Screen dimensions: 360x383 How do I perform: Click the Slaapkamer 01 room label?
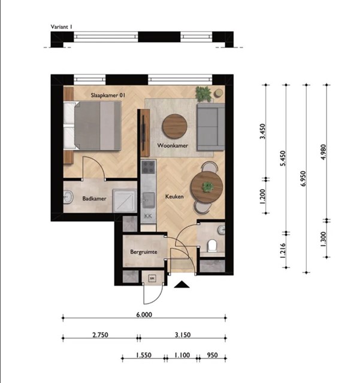pos(108,95)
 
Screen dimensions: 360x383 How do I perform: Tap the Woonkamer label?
pos(173,145)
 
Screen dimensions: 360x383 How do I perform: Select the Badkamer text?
pos(94,199)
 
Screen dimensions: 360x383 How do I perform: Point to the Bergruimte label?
pos(144,252)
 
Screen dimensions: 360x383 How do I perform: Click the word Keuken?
pos(174,196)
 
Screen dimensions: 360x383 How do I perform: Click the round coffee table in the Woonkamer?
pos(175,126)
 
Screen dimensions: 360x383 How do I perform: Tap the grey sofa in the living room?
pos(211,127)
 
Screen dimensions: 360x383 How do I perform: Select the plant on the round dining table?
pos(207,187)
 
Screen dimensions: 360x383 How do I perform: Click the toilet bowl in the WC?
pos(212,245)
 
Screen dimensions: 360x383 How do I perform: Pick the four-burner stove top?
pos(148,167)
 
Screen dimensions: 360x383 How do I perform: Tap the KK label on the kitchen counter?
pos(148,216)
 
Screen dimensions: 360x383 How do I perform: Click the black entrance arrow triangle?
pos(181,284)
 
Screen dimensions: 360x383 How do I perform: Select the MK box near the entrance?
pos(153,278)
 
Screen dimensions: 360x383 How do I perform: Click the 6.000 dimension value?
pos(144,315)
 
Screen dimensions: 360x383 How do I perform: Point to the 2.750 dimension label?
pos(100,335)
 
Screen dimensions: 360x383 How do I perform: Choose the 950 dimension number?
pos(212,355)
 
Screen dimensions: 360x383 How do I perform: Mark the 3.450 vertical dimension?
pos(263,132)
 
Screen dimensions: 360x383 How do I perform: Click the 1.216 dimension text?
pos(283,251)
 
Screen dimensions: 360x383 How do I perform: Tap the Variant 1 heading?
pos(61,27)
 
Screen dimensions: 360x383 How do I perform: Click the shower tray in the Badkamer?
pos(125,201)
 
